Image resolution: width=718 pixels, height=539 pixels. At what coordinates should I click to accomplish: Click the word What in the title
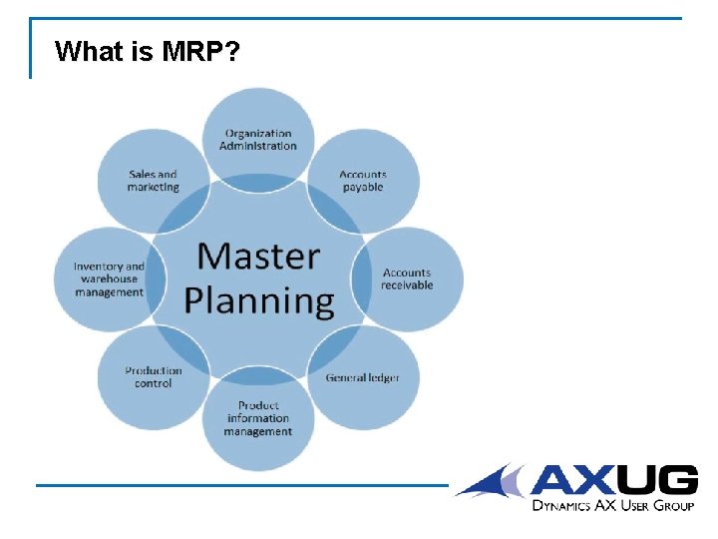click(x=89, y=51)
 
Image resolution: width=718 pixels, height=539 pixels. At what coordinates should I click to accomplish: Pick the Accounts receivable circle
click(x=407, y=278)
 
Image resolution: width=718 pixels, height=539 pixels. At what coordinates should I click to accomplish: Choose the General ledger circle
click(x=363, y=378)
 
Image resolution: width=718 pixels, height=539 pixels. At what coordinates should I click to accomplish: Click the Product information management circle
click(x=258, y=419)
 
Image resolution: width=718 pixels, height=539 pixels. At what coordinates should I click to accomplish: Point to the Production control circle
click(x=154, y=377)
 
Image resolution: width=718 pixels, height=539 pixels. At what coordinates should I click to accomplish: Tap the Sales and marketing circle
click(x=153, y=181)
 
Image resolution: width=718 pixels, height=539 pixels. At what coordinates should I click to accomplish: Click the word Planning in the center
click(x=259, y=300)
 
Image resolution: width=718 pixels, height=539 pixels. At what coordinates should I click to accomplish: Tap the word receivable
click(x=407, y=285)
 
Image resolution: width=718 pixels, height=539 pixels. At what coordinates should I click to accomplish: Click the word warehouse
click(x=109, y=279)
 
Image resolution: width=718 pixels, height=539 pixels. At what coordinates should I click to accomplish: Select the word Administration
click(x=258, y=146)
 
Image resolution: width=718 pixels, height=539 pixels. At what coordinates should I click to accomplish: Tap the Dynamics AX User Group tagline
click(x=612, y=506)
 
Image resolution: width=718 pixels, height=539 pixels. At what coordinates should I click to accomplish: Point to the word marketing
click(x=153, y=188)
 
